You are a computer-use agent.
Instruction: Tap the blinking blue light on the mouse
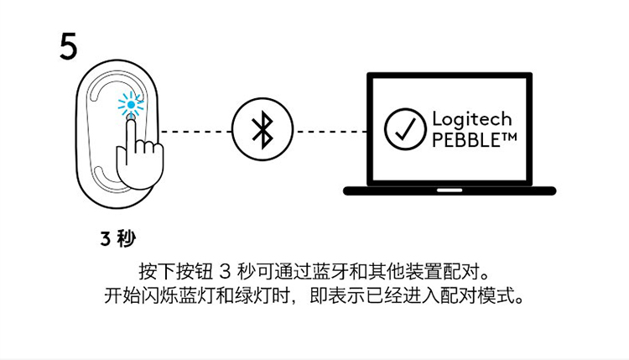[130, 105]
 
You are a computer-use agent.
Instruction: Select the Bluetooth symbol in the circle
[262, 131]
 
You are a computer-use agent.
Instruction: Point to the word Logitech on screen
[471, 120]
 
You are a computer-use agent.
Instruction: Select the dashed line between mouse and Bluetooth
[196, 132]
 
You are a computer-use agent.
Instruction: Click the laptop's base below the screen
[450, 190]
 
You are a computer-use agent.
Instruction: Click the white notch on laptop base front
[450, 190]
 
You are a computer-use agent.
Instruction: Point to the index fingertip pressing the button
[131, 121]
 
